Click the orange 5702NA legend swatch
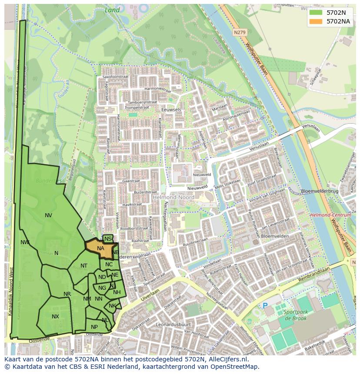(x=316, y=21)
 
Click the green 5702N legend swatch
(x=316, y=13)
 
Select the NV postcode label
(x=48, y=215)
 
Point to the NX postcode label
(x=55, y=317)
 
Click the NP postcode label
(x=94, y=327)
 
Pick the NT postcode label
(x=84, y=266)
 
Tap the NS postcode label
(x=108, y=239)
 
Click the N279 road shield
(x=239, y=32)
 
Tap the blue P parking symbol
(x=265, y=306)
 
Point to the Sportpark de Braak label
(x=296, y=315)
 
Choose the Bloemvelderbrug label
(x=319, y=191)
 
